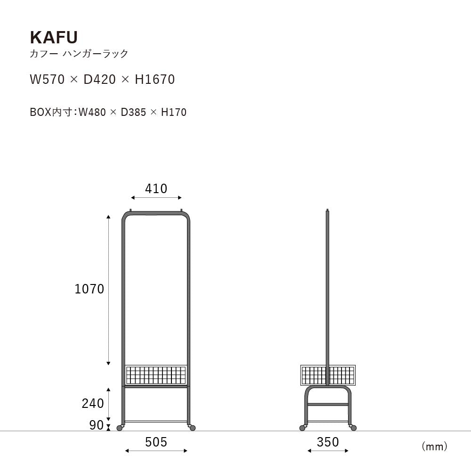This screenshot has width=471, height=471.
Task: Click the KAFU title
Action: (54, 38)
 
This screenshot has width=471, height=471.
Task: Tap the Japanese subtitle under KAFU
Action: (79, 54)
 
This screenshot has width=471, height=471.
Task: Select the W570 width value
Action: (47, 79)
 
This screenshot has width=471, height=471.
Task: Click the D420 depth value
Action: (99, 79)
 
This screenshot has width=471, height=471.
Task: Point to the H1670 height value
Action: (154, 79)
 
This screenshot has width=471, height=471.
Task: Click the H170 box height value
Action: (174, 112)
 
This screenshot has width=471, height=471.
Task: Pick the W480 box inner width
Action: (92, 112)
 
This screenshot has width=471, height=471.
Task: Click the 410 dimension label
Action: (156, 189)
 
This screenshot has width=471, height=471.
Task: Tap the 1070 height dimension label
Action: (89, 289)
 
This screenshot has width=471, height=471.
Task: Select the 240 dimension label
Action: (93, 404)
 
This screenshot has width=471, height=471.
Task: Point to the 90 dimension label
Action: (97, 425)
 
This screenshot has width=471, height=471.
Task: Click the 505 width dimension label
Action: (156, 442)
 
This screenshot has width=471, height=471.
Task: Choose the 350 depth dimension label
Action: (328, 442)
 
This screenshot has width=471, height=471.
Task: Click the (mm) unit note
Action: (434, 447)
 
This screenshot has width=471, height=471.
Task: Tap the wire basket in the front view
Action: (156, 374)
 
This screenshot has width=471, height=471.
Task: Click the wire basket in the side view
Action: (328, 375)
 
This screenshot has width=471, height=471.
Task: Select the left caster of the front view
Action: (120, 428)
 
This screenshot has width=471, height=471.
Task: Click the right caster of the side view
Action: (354, 428)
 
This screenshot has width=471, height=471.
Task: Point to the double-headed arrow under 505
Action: (156, 451)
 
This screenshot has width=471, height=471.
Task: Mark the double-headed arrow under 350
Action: (328, 451)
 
